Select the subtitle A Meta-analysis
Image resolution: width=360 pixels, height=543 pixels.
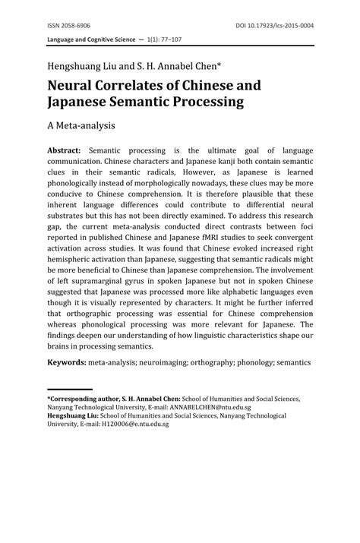click(87, 122)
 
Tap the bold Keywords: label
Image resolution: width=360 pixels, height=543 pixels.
click(67, 362)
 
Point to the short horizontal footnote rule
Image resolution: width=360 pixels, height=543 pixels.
click(70, 390)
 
